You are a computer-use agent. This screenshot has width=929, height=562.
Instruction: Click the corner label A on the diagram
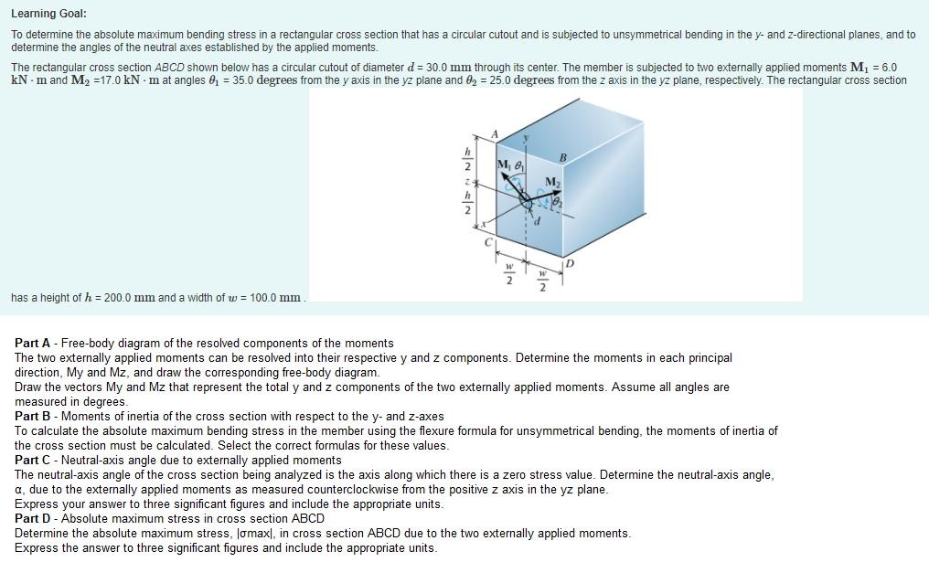pos(495,135)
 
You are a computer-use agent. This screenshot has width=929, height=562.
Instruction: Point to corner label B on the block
pos(563,158)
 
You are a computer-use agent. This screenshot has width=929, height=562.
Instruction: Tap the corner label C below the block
pos(489,242)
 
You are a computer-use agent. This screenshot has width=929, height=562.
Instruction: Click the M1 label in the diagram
pos(504,165)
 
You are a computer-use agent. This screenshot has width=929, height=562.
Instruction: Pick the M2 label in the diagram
pos(552,182)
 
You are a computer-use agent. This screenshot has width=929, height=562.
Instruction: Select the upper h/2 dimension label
pos(468,160)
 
